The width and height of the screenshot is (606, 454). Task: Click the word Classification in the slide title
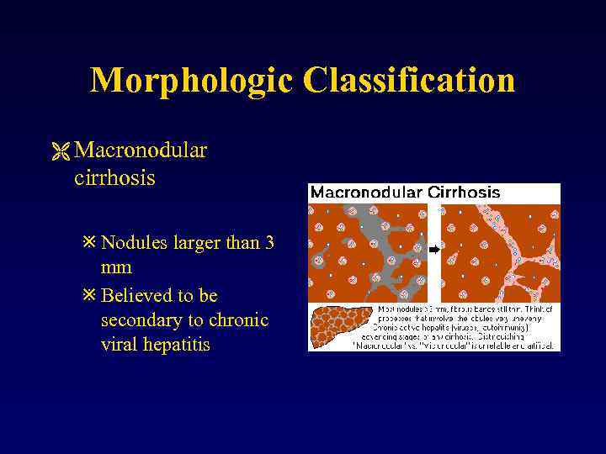pos(409,80)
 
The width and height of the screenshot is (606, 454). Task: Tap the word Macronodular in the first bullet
pos(141,150)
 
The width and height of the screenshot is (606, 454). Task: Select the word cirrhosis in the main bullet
pos(114,178)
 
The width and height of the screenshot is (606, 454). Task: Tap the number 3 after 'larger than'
pos(269,244)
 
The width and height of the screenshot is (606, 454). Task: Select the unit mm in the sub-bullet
pos(116,269)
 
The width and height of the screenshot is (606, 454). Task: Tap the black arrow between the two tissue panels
pos(434,250)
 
